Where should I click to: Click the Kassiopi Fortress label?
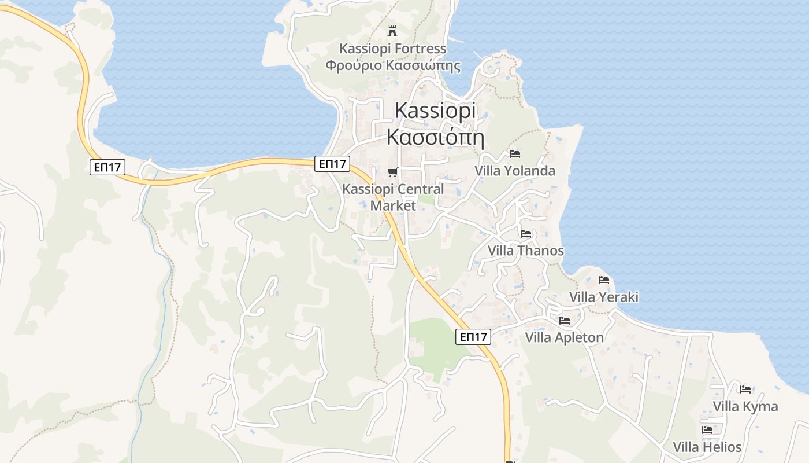click(x=392, y=49)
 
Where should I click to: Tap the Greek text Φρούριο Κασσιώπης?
click(x=392, y=65)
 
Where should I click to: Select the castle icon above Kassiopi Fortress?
click(x=392, y=31)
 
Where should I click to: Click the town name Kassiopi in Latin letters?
click(x=435, y=111)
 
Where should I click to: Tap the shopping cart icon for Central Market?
click(x=393, y=172)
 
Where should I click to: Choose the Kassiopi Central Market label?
click(x=393, y=197)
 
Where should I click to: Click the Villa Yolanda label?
click(x=514, y=171)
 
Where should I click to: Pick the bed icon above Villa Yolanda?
click(x=515, y=154)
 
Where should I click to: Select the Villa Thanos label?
click(x=525, y=251)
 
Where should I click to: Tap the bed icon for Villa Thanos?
click(x=526, y=234)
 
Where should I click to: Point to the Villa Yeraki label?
click(x=603, y=297)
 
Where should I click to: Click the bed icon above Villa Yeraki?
click(x=604, y=280)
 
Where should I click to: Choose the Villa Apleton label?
click(x=564, y=337)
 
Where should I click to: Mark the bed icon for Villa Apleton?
click(x=565, y=320)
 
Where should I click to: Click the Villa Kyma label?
click(x=745, y=406)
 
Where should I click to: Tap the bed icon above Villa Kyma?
click(x=745, y=389)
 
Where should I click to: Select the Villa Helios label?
click(x=707, y=447)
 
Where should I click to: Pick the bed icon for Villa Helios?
click(x=707, y=430)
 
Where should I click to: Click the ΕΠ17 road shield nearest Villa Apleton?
click(x=473, y=337)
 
